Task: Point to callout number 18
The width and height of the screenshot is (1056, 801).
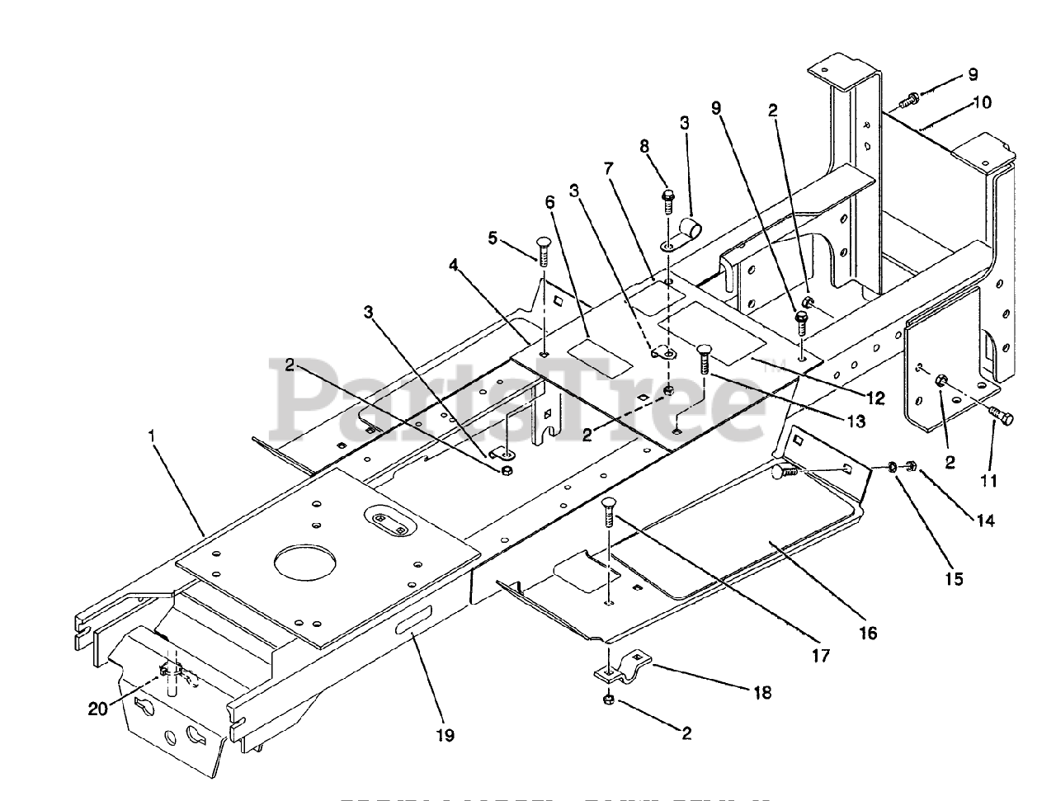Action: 762,692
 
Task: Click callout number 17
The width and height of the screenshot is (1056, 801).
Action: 820,655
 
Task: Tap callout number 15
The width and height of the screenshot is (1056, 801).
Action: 953,578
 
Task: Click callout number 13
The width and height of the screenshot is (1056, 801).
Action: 856,421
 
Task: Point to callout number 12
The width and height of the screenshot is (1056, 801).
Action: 875,398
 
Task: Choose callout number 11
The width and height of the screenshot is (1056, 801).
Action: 988,479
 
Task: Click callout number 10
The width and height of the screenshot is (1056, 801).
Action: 982,102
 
